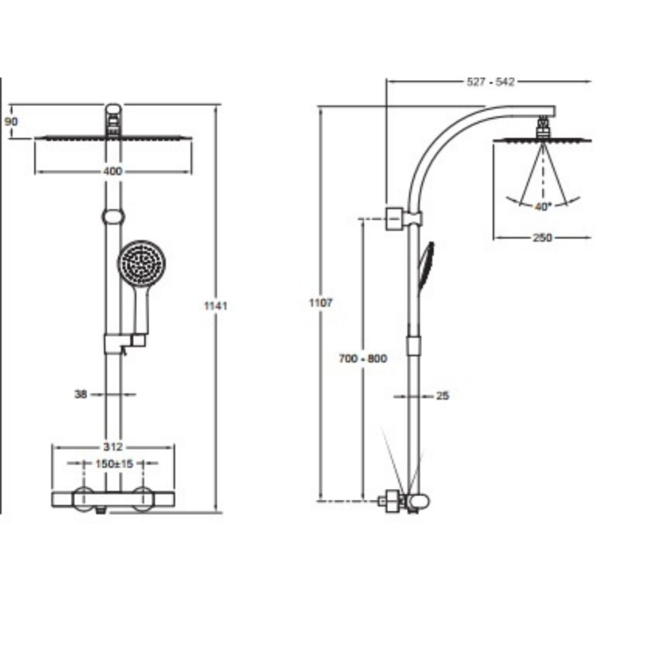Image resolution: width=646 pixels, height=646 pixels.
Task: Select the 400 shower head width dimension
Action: [x=113, y=171]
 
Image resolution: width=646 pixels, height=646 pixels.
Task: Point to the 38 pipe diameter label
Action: [x=81, y=393]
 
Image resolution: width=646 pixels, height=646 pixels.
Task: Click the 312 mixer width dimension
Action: [x=113, y=447]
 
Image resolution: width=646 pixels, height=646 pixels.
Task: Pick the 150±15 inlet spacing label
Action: [x=113, y=463]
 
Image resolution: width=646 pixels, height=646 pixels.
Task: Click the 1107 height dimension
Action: [x=321, y=303]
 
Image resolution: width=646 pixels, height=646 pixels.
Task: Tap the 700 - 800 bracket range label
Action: [x=363, y=358]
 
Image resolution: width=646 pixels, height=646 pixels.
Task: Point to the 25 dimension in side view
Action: [x=442, y=395]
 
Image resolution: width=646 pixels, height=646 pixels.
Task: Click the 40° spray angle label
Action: [x=542, y=206]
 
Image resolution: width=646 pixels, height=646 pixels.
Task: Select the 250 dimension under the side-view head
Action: [x=542, y=237]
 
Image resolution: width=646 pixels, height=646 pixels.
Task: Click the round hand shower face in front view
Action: [x=142, y=264]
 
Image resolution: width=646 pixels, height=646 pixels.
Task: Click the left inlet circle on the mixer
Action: [x=83, y=499]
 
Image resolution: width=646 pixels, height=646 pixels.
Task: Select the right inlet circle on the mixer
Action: [x=143, y=499]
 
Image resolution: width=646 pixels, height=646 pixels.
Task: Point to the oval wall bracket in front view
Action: [x=113, y=217]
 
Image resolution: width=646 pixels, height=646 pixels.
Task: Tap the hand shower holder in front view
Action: [x=124, y=342]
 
